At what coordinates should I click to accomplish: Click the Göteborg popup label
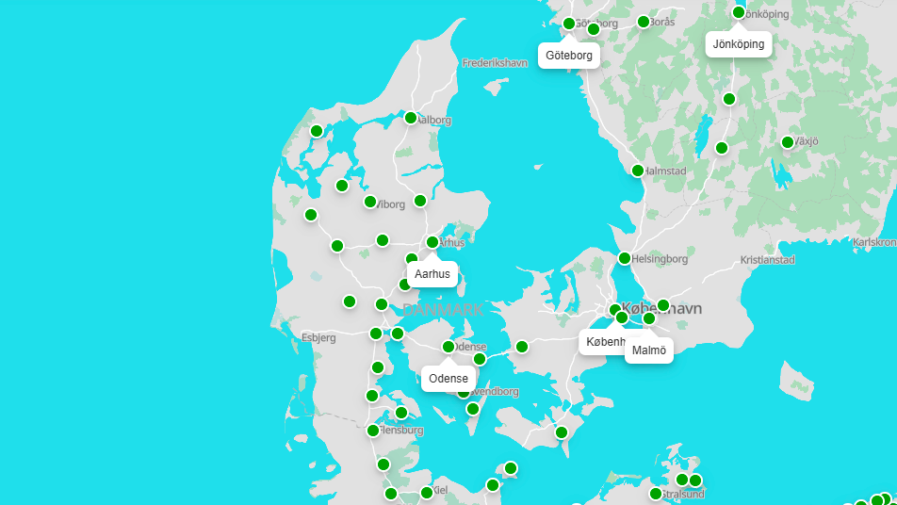[x=569, y=56]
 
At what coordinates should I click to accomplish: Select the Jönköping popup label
[x=739, y=44]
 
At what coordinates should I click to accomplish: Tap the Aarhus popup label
[x=433, y=274]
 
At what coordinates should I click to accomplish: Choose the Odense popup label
[x=448, y=379]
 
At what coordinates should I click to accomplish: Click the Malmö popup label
[x=649, y=350]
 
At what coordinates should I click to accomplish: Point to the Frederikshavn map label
[x=496, y=63]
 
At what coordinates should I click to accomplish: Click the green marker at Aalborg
[x=411, y=118]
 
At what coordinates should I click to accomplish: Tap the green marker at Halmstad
[x=638, y=171]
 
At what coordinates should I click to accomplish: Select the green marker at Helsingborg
[x=625, y=258]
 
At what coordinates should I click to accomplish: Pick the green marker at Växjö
[x=788, y=142]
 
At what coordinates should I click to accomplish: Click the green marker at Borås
[x=644, y=22]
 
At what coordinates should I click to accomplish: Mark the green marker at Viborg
[x=370, y=202]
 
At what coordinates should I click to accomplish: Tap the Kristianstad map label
[x=768, y=260]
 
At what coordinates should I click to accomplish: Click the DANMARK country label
[x=443, y=309]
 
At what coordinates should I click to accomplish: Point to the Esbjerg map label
[x=318, y=337]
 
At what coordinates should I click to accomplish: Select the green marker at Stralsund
[x=656, y=494]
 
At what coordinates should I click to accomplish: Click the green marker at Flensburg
[x=373, y=431]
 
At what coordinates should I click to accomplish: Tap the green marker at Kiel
[x=426, y=493]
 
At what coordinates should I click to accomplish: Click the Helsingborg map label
[x=660, y=258]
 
